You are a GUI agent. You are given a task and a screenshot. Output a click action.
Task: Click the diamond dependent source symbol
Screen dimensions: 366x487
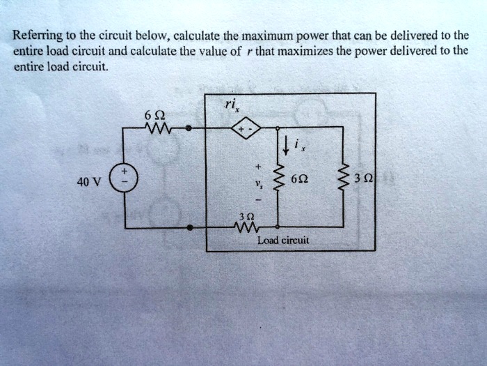(247, 128)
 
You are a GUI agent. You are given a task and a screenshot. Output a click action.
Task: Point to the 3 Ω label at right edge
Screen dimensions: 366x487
(360, 178)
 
